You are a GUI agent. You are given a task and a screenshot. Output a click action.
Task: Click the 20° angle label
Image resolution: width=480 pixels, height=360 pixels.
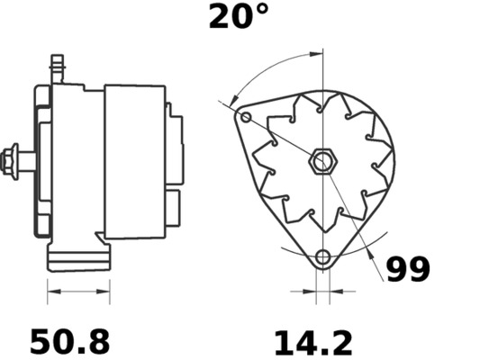[x=239, y=16]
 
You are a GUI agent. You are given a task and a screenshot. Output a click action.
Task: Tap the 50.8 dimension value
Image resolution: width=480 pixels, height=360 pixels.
[x=70, y=342]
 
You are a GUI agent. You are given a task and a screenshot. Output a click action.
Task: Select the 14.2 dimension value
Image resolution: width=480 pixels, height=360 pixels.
[x=312, y=342]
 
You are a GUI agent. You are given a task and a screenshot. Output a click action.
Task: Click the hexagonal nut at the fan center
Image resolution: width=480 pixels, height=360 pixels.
[x=322, y=164]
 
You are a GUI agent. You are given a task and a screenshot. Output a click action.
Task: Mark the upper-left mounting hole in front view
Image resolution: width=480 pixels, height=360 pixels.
[x=246, y=118]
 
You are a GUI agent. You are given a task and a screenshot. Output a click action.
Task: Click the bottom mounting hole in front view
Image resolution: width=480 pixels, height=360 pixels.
[x=322, y=258]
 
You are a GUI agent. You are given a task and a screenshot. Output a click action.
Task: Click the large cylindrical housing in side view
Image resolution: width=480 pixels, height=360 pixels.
[x=134, y=162]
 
